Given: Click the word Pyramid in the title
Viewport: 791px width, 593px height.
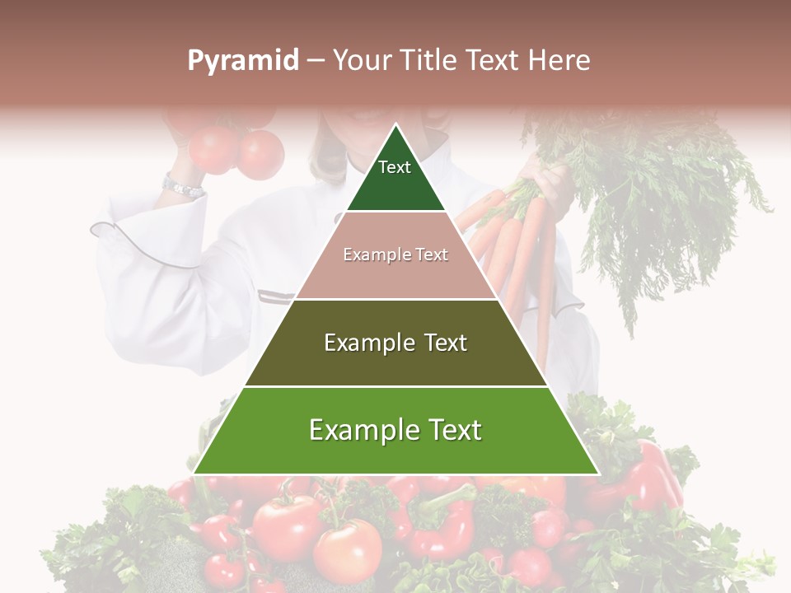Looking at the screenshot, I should click(x=242, y=61).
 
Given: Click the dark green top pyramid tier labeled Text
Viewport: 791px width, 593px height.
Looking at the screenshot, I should click(x=395, y=177).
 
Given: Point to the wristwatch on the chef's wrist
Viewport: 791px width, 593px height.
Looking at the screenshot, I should click(x=182, y=187).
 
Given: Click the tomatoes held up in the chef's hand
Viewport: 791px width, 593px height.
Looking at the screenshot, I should click(x=235, y=148).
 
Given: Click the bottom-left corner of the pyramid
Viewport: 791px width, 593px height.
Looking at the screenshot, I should click(x=194, y=473).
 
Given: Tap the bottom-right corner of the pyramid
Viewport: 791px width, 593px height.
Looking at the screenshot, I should click(x=598, y=473).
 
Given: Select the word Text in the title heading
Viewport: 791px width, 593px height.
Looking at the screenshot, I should click(x=494, y=61).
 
